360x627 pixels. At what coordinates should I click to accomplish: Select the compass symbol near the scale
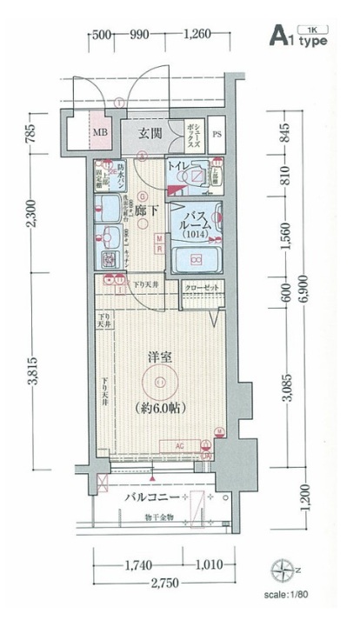click(283, 570)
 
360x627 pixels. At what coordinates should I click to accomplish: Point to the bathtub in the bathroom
click(195, 260)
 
